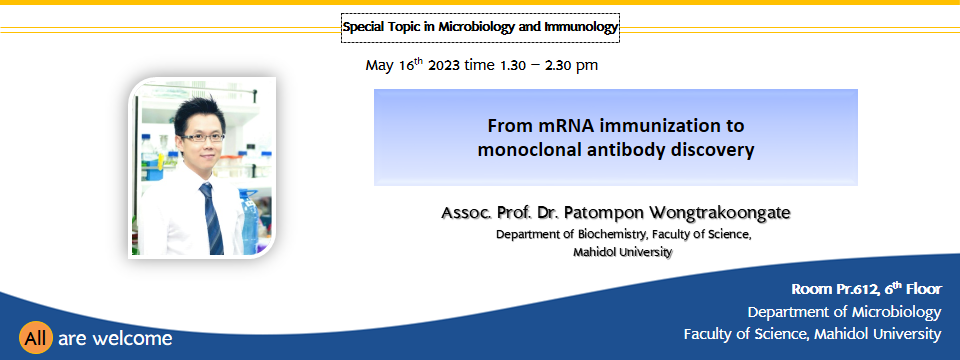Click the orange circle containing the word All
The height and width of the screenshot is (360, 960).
[x=36, y=337]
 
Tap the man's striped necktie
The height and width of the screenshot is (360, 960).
[x=211, y=219]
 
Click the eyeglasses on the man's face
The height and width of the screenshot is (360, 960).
[x=203, y=137]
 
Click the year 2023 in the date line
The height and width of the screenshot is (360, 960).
[x=443, y=65]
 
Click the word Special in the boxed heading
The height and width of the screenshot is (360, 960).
[x=363, y=28]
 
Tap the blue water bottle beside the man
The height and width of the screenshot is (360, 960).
[x=250, y=221]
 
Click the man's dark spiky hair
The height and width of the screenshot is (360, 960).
[x=200, y=113]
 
